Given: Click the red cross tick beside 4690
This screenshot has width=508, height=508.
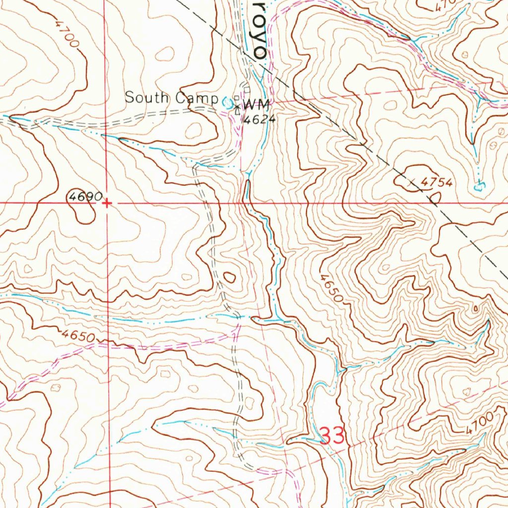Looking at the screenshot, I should click(107, 203).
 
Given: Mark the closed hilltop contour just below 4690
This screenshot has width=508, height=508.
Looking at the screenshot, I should click(83, 213).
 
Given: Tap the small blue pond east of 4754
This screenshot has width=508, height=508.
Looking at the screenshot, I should click(478, 187).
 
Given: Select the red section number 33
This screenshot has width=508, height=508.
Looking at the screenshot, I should click(332, 437).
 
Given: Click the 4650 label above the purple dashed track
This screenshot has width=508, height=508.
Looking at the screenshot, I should click(78, 336).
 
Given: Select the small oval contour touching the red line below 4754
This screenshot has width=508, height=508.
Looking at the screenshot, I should click(435, 198).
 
